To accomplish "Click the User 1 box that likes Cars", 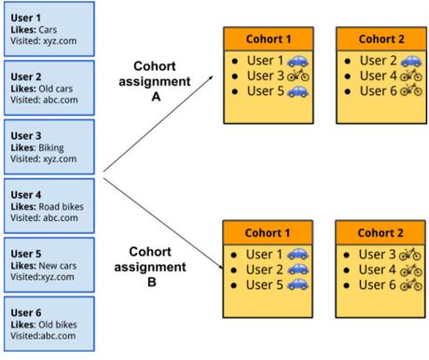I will [x=48, y=29].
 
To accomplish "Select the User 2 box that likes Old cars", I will [x=48, y=88].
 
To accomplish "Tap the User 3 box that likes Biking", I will [x=48, y=147].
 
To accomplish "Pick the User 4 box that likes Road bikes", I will [x=48, y=207].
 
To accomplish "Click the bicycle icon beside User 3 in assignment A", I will [x=298, y=76].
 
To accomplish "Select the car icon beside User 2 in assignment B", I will [x=298, y=270].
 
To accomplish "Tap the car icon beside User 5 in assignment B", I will [x=298, y=285].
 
